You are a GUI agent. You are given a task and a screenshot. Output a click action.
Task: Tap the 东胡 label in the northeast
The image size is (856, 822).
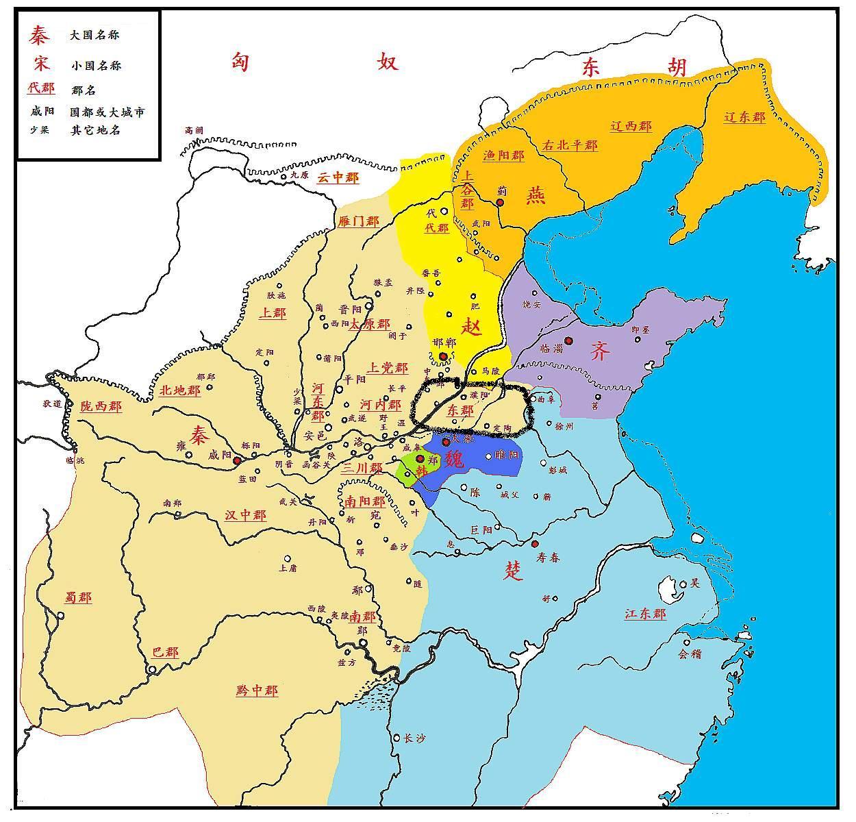(x=633, y=67)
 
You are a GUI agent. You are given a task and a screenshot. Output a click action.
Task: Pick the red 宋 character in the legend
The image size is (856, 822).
(x=40, y=64)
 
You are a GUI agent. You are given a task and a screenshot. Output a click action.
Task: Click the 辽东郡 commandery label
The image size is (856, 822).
(x=744, y=117)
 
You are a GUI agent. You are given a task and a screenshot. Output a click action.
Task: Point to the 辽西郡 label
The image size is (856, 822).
(x=631, y=126)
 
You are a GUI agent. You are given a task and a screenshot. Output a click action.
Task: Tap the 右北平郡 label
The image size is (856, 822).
(x=569, y=145)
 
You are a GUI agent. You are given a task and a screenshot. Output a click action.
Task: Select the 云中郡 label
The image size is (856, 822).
(x=337, y=177)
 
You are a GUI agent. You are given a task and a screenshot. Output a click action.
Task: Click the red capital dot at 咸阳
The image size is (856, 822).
(x=236, y=461)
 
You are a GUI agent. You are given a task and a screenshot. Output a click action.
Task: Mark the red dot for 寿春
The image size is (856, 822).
(x=535, y=544)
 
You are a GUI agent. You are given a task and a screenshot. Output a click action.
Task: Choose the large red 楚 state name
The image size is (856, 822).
(x=514, y=571)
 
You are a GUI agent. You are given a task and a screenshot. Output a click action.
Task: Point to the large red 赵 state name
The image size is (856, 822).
(x=471, y=326)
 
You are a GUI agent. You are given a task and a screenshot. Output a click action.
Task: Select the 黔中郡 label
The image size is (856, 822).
(x=257, y=690)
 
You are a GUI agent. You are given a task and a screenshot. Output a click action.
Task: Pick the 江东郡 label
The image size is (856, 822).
(x=644, y=614)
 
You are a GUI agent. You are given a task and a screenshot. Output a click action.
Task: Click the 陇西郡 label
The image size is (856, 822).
(x=100, y=406)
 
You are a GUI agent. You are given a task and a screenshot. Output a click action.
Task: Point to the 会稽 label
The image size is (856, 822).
(x=690, y=653)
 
